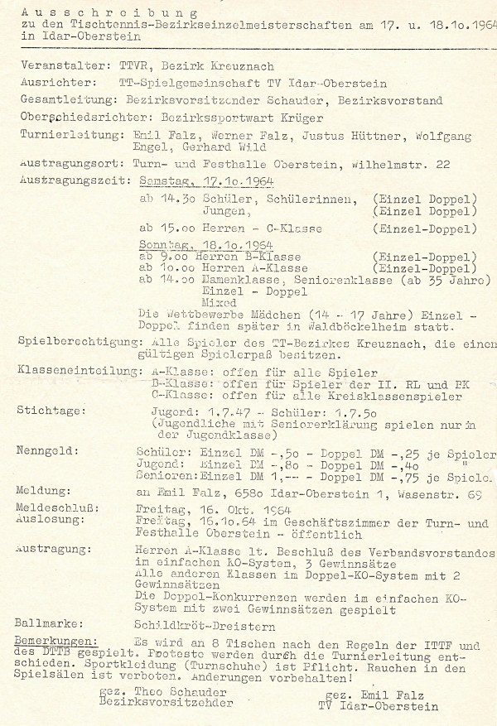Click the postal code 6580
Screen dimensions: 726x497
click(x=223, y=491)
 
